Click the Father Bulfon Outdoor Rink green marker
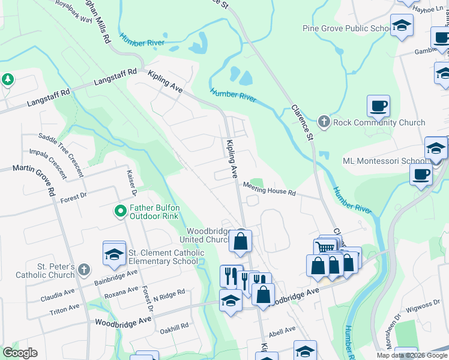[x=120, y=211]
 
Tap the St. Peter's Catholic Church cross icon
[x=83, y=271]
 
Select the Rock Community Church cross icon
[x=324, y=122]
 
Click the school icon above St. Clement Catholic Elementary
[x=114, y=254]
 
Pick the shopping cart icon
[x=325, y=247]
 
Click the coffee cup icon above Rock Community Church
[x=378, y=107]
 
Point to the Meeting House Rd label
[x=270, y=189]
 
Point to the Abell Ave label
[x=282, y=329]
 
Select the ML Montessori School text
[x=383, y=161]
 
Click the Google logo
[x=20, y=352]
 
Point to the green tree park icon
[x=7, y=80]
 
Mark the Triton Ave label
[x=64, y=308]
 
